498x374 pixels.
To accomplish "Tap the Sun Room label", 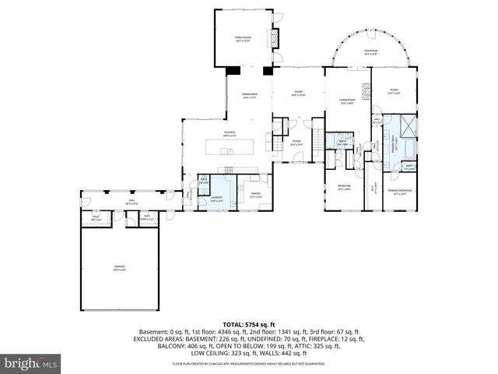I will point(370,53).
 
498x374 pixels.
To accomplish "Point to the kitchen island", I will point(230,146).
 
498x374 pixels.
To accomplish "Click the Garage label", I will point(120,268).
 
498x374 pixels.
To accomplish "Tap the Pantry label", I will point(255,196).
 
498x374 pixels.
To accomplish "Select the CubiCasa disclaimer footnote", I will point(248,364).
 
